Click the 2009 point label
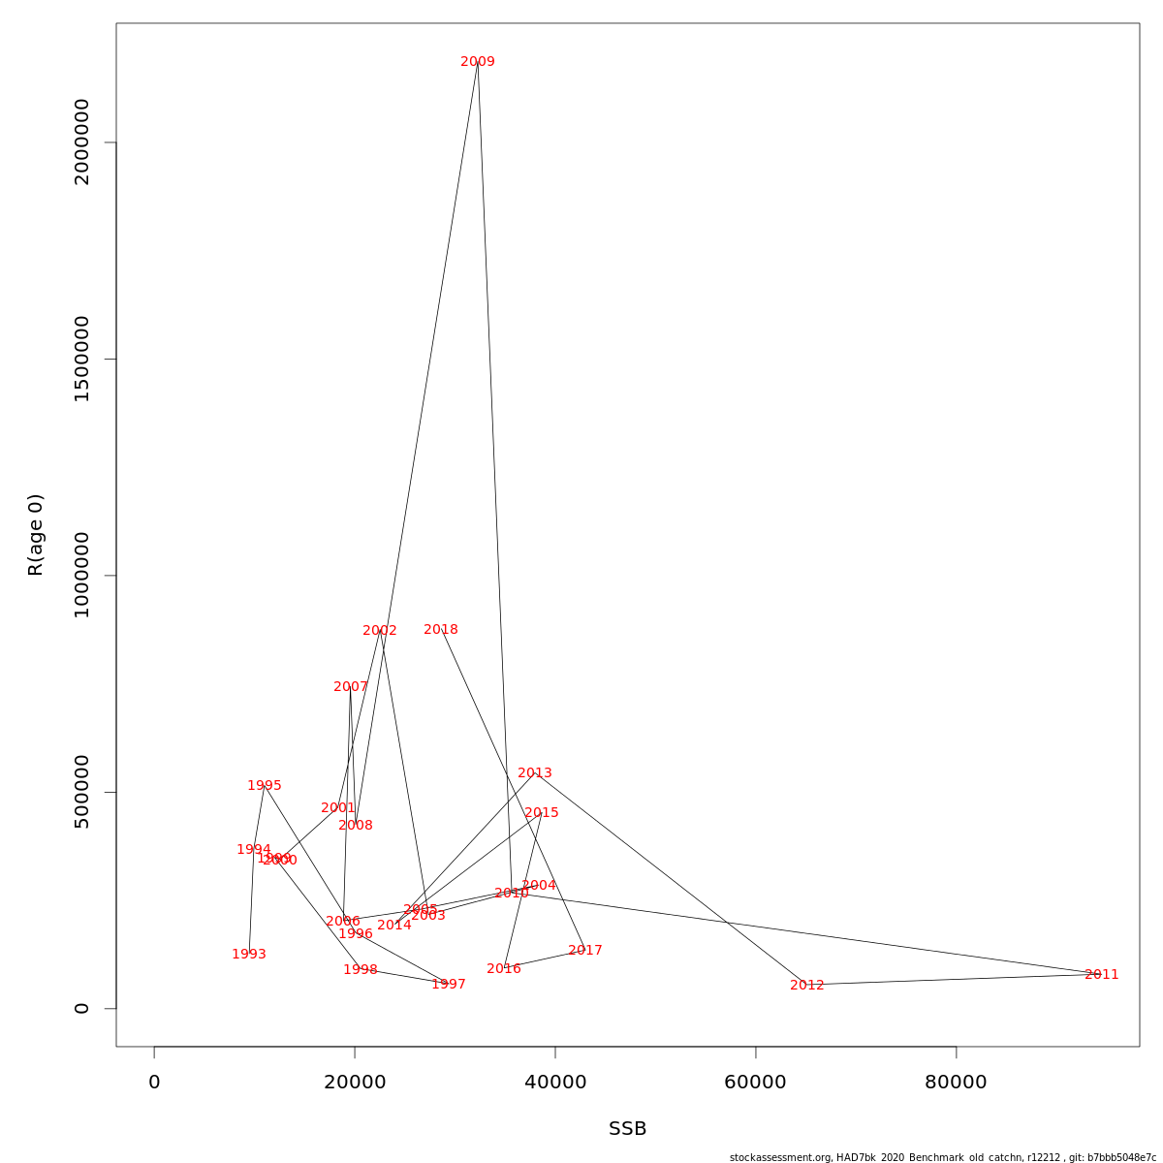tap(478, 62)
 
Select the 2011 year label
tap(1102, 975)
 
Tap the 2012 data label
tap(807, 986)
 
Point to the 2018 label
tap(441, 630)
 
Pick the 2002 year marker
tap(380, 631)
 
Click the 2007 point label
tap(351, 687)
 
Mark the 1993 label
tap(249, 955)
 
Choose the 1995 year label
tap(265, 786)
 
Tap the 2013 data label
tap(535, 773)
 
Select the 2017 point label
tap(585, 951)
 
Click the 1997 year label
tap(449, 985)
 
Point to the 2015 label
tap(542, 813)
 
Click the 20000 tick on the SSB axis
tap(355, 1083)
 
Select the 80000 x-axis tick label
tap(956, 1083)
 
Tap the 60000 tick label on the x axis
tap(755, 1083)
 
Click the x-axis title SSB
tap(628, 1129)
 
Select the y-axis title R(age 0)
tap(36, 535)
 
